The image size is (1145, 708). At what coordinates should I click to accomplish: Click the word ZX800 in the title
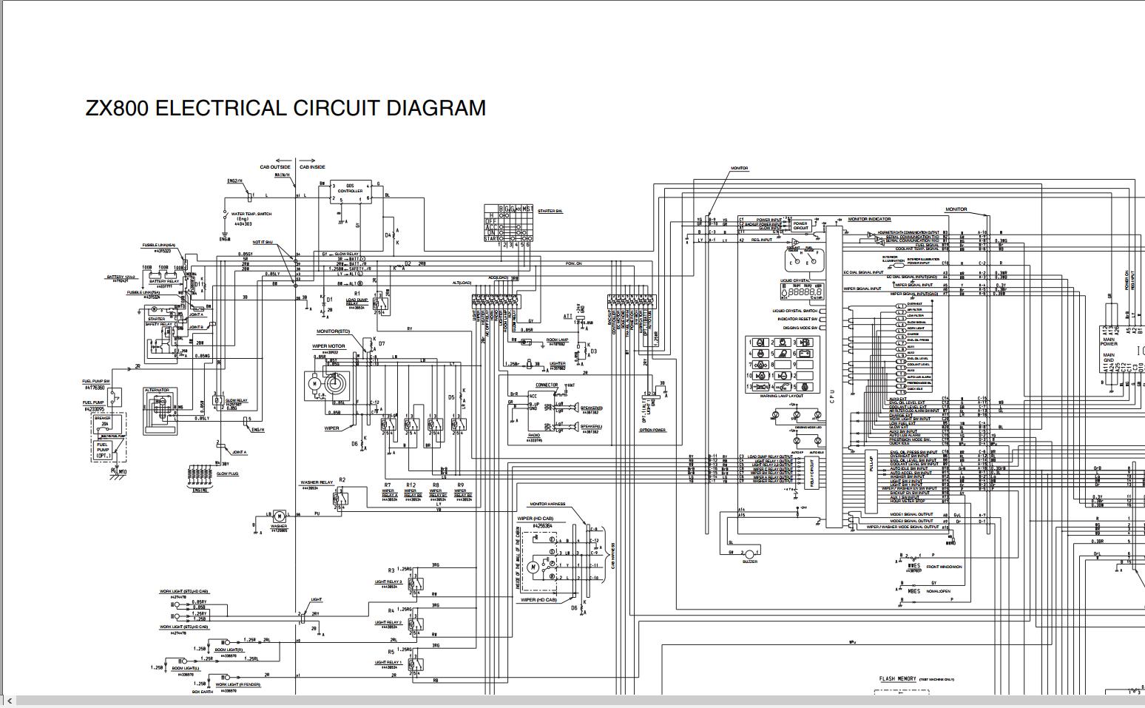coord(118,108)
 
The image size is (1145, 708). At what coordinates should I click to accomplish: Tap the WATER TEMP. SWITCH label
coord(254,214)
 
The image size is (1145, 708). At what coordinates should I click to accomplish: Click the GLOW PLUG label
coord(227,473)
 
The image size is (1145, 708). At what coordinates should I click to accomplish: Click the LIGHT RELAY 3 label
coord(388,582)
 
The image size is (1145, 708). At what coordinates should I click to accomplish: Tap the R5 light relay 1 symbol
coord(416,663)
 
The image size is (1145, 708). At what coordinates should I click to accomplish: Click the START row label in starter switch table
coord(490,238)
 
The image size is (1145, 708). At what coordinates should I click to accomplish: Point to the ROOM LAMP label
coord(557,340)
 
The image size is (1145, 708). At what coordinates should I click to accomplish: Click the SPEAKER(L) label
coord(591,427)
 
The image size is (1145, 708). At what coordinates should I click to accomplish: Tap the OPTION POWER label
coord(653,430)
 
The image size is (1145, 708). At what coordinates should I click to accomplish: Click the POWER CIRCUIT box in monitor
coord(800,226)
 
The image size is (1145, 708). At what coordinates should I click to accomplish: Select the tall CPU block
coord(833,377)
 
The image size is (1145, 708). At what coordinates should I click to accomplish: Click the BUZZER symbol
coord(749,554)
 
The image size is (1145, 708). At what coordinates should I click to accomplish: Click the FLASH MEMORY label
coord(897,678)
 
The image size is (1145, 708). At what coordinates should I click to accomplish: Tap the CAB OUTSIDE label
coord(275,167)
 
